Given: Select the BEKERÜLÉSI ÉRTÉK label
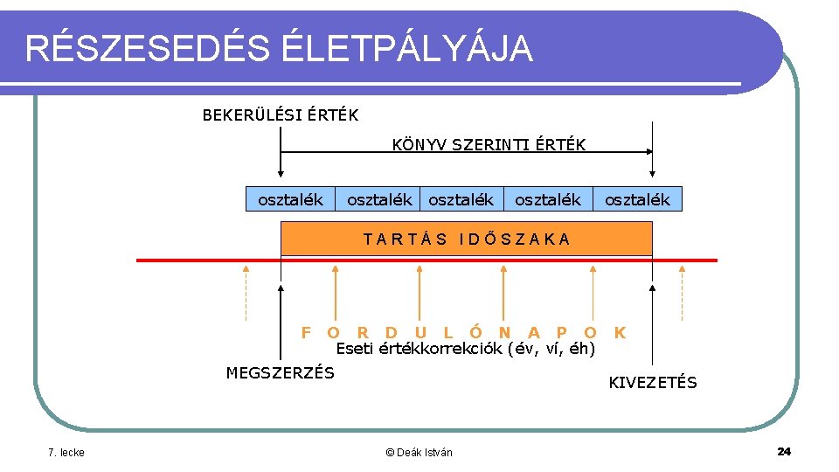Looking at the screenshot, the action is pos(280,115).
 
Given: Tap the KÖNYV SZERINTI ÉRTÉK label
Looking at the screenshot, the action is pos(489,144).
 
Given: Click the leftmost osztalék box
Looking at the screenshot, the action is pos(290,200).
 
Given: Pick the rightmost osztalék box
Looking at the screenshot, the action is pos(637,200).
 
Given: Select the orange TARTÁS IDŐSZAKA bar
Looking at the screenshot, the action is pos(466,238).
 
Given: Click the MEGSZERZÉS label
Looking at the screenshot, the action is pos(280,373).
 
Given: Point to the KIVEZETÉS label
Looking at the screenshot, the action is pos(652,383).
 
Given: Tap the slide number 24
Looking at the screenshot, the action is pos(783,451).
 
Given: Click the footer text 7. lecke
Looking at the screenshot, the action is pos(66,452).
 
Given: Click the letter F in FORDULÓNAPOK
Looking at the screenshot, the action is pos(306,332).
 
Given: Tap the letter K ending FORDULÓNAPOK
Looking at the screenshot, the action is pos(620,332).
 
